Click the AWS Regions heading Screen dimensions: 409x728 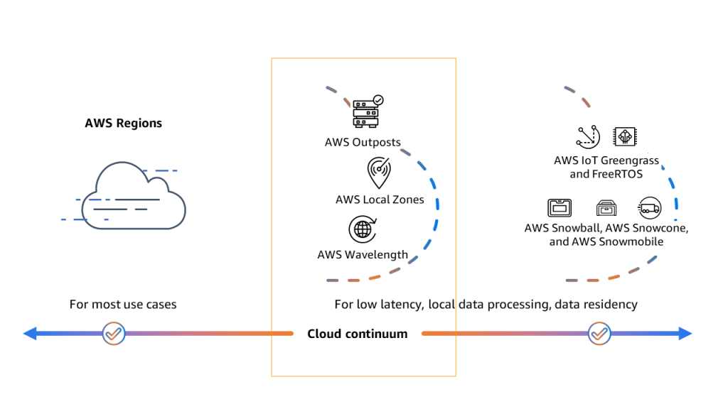coord(123,123)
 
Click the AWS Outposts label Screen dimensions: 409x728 coord(363,142)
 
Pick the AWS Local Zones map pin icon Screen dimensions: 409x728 coord(378,173)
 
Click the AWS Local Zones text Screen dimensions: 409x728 coord(380,200)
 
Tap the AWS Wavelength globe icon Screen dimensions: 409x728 coord(362,229)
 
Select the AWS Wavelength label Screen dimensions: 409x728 coord(363,254)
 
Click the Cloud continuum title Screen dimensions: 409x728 coord(357,334)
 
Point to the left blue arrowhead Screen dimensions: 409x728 coord(30,334)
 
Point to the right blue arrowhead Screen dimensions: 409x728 coord(685,334)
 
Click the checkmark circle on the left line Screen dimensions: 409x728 coord(114,333)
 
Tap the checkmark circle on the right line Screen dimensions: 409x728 coord(599,333)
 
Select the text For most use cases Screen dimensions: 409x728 coord(123,304)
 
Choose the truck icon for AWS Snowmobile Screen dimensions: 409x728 coord(649,208)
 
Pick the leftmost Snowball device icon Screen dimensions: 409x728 coord(560,208)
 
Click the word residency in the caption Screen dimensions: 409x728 coord(611,304)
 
